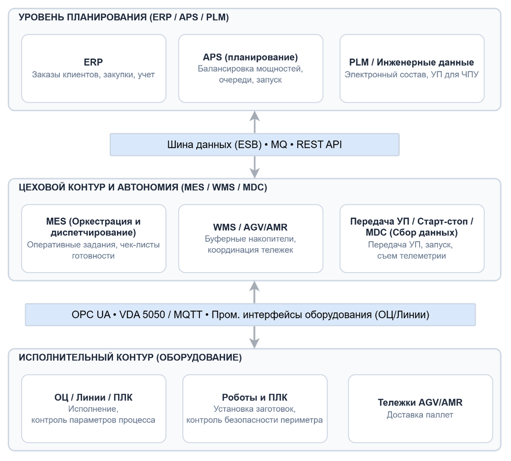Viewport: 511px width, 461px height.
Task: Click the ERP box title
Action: click(x=93, y=62)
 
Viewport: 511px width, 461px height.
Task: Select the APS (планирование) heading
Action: click(x=250, y=57)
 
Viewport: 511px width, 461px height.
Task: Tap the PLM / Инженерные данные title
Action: click(x=411, y=62)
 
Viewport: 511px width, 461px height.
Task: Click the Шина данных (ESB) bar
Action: click(x=254, y=145)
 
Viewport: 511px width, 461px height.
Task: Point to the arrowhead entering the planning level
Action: click(x=254, y=116)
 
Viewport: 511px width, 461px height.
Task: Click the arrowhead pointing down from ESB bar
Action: click(x=254, y=174)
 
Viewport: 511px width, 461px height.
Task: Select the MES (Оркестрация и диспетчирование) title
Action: click(x=93, y=227)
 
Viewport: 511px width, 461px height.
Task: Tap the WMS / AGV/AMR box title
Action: click(x=250, y=227)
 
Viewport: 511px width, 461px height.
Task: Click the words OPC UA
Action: click(x=91, y=314)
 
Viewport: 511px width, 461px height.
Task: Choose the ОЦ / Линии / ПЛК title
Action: click(x=93, y=397)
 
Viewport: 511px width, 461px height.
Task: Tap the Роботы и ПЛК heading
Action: click(x=255, y=397)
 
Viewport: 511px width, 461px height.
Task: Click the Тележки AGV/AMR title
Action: click(x=420, y=402)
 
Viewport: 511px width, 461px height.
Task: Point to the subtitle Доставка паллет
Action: click(x=420, y=415)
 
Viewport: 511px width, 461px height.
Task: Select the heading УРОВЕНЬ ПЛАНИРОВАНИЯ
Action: click(x=82, y=17)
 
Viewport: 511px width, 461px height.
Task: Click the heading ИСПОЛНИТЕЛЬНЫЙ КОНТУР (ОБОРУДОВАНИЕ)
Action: click(x=130, y=357)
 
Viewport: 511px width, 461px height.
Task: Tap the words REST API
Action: click(x=319, y=145)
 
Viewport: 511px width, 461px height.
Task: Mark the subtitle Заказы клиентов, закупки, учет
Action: click(x=93, y=74)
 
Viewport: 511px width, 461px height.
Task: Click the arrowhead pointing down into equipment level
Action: click(x=254, y=343)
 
